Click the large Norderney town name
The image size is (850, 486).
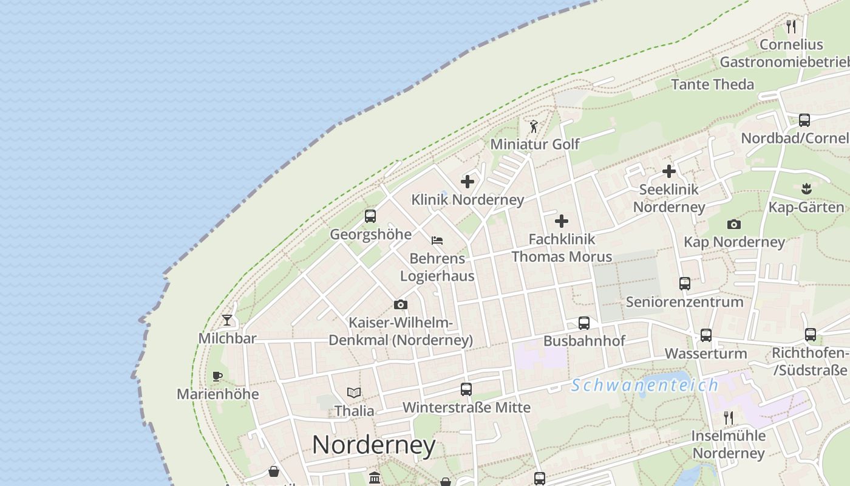click(x=373, y=445)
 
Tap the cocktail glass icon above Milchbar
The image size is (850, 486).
click(x=227, y=320)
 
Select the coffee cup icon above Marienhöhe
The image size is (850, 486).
click(x=217, y=375)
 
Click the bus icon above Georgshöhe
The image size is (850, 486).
click(x=370, y=216)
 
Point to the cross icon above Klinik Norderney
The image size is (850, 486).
click(x=467, y=181)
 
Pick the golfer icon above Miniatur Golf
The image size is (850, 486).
click(x=534, y=126)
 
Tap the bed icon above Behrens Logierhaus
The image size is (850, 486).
click(x=437, y=241)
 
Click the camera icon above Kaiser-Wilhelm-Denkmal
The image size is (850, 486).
click(x=401, y=304)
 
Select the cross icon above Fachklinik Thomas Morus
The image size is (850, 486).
click(x=562, y=221)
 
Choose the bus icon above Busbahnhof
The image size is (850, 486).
click(x=584, y=323)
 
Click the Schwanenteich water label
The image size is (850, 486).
click(x=645, y=385)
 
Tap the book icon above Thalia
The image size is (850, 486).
click(x=354, y=392)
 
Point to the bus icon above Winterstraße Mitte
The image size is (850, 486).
click(x=466, y=389)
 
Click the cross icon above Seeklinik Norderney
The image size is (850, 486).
click(x=669, y=171)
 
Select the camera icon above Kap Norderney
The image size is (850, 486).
click(x=734, y=224)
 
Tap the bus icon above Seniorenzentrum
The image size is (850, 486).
click(x=685, y=283)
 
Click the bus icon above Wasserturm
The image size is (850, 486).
click(x=706, y=335)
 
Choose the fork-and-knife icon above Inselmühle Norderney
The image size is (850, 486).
click(x=729, y=417)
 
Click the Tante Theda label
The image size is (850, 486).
click(x=713, y=84)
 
